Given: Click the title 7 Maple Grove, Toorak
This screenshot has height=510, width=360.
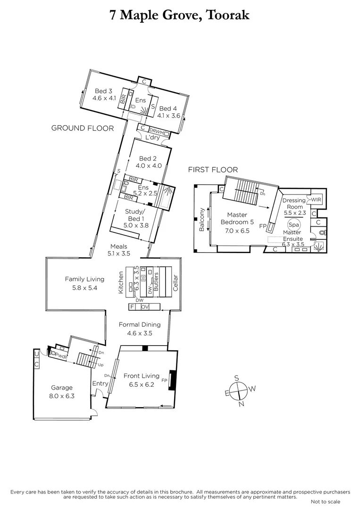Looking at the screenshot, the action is [180, 15].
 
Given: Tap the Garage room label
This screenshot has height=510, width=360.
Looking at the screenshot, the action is [62, 388].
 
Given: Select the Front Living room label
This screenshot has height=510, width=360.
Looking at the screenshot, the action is [142, 376].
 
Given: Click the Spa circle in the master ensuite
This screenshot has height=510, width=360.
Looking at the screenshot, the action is [294, 226].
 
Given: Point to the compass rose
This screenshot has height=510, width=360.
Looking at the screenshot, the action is [241, 390].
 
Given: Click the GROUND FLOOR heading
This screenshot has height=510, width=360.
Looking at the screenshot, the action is [83, 128].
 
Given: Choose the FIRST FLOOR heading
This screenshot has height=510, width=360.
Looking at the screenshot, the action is [213, 170].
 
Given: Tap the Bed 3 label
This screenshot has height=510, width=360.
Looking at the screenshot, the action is [103, 91].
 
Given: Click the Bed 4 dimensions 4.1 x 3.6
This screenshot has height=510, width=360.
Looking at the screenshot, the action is [169, 115].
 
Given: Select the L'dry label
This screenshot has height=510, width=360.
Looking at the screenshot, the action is [152, 137].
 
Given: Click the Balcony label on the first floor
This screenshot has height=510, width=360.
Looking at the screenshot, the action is [202, 220].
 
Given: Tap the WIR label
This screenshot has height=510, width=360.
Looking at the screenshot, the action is [316, 200].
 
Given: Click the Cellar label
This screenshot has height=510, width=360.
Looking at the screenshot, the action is [175, 283].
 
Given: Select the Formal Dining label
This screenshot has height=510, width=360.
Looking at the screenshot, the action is [140, 324].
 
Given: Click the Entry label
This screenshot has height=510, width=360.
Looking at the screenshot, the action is [100, 383].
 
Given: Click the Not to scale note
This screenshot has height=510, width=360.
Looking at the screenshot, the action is [326, 501].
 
